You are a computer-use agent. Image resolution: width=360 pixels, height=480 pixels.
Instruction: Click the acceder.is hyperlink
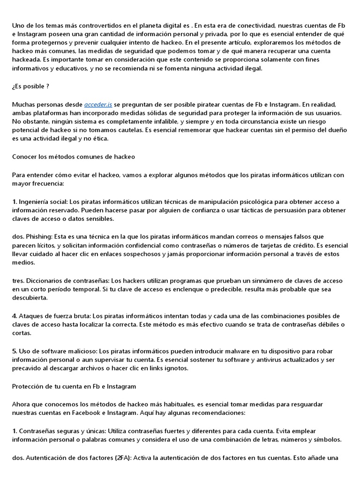[x=98, y=104]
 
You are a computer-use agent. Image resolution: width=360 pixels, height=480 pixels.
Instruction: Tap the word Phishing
[x=39, y=237]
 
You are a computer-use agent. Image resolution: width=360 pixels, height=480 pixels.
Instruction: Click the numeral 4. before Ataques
[x=15, y=316]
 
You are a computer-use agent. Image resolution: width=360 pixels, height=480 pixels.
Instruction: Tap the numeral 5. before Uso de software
[x=15, y=351]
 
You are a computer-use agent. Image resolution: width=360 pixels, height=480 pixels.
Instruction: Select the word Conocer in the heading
[x=25, y=157]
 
